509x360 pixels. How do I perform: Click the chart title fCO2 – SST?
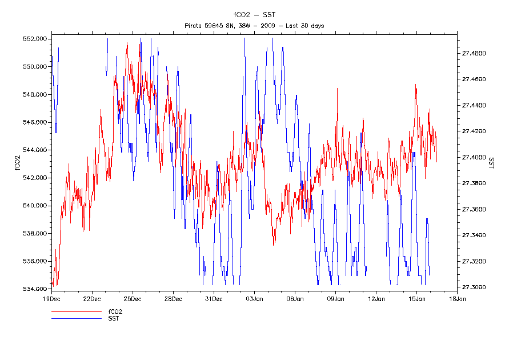[x=254, y=15]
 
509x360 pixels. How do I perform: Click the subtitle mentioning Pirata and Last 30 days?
[x=254, y=26]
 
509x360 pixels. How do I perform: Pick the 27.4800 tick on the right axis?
[x=474, y=53]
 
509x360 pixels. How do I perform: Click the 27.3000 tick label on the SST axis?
[x=474, y=287]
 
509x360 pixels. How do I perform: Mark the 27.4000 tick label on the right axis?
[x=474, y=157]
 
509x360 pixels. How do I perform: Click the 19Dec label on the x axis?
[x=51, y=298]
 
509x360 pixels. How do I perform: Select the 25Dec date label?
[x=133, y=298]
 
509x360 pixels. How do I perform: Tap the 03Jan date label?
[x=254, y=298]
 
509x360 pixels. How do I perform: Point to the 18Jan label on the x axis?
[x=457, y=298]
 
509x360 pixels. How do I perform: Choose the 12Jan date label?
[x=376, y=298]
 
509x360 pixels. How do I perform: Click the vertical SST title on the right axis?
[x=491, y=162]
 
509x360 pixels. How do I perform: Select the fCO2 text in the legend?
[x=115, y=311]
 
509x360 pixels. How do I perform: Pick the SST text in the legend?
[x=114, y=318]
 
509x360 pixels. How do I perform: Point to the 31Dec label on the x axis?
[x=214, y=298]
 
